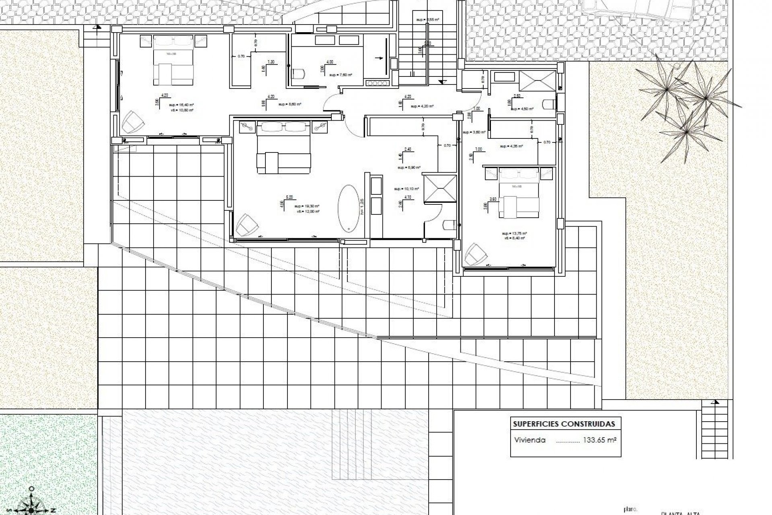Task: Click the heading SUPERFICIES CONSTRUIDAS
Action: [564, 424]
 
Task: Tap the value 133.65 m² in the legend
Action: [600, 440]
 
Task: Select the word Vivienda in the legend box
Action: [530, 440]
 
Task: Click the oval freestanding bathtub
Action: [349, 208]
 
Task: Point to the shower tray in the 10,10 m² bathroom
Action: [440, 187]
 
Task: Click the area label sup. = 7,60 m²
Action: [341, 75]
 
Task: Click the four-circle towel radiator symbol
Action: [377, 83]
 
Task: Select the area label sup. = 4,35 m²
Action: [511, 146]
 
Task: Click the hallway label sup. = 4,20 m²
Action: [422, 106]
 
